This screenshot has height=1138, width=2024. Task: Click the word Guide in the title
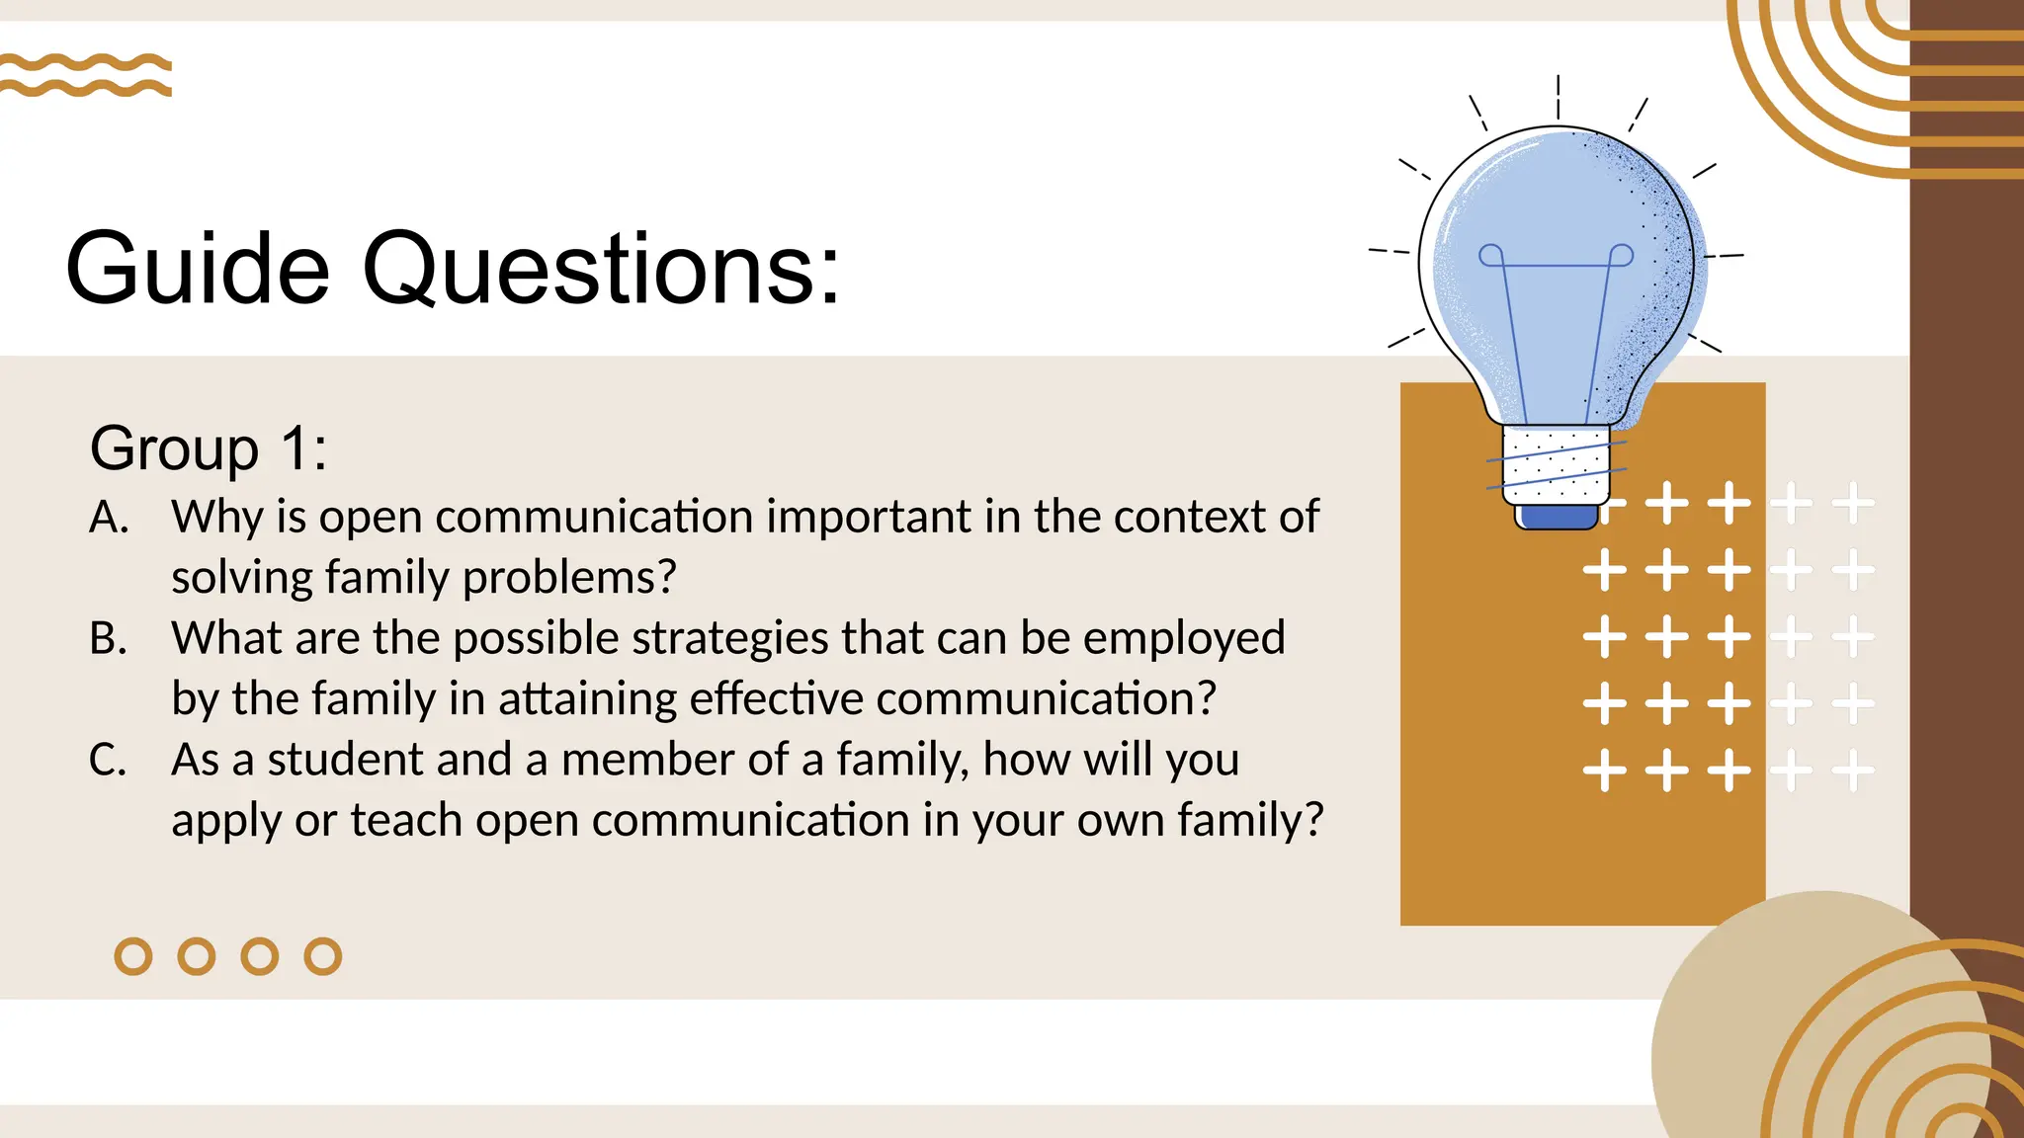pos(197,269)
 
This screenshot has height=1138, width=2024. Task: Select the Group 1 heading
pos(208,448)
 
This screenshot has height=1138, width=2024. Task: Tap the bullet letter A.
pos(109,518)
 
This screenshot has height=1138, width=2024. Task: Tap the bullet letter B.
pos(108,639)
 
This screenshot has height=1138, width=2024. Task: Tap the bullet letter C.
pos(108,761)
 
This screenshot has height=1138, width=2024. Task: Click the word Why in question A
pos(216,517)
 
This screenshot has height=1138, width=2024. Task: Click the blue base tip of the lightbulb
pos(1557,517)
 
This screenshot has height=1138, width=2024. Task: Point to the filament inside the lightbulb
pos(1556,296)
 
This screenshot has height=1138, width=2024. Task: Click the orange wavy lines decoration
pos(86,75)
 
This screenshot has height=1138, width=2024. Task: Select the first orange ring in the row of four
pos(133,956)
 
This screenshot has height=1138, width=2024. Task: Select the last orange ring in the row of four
pos(323,956)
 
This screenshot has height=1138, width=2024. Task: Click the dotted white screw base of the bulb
pos(1556,465)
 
